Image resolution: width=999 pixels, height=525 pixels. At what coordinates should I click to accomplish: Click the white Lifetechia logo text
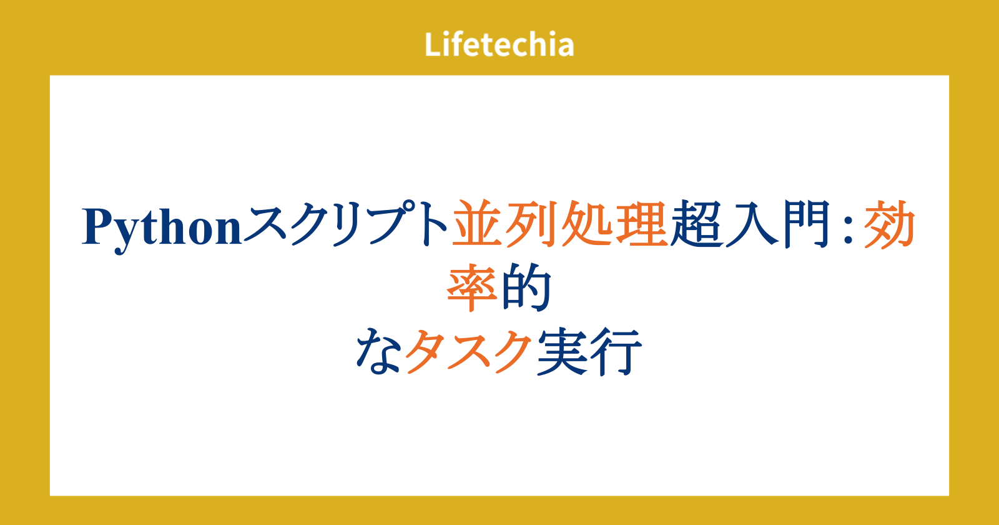pos(499,44)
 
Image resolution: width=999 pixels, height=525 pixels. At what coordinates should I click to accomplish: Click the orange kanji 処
pos(587,223)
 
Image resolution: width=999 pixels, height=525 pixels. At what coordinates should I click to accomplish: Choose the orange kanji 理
pos(641,223)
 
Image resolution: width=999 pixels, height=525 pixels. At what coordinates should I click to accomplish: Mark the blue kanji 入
pos(751,223)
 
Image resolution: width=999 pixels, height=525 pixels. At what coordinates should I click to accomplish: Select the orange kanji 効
pos(890,223)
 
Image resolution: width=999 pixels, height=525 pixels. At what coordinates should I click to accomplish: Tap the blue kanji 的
pos(526,287)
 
